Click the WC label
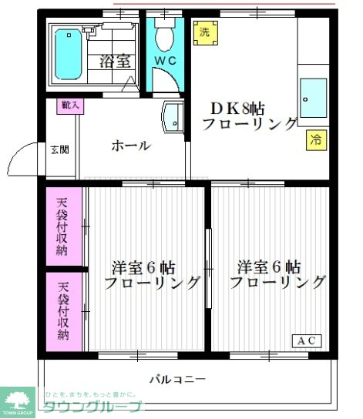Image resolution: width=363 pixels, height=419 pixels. (x=164, y=59)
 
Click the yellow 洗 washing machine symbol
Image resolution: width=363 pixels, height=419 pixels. (x=204, y=32)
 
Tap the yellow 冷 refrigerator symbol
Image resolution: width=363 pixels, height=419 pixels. (x=315, y=139)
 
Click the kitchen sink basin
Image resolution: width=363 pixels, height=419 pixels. (x=313, y=98)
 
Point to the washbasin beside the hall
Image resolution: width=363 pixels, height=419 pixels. (x=170, y=118)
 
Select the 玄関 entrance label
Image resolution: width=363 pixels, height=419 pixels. (x=59, y=149)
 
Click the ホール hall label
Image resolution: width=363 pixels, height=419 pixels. (x=130, y=146)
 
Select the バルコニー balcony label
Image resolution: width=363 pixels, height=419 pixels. (x=177, y=380)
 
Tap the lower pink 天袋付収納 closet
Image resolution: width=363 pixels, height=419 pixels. (x=62, y=311)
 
